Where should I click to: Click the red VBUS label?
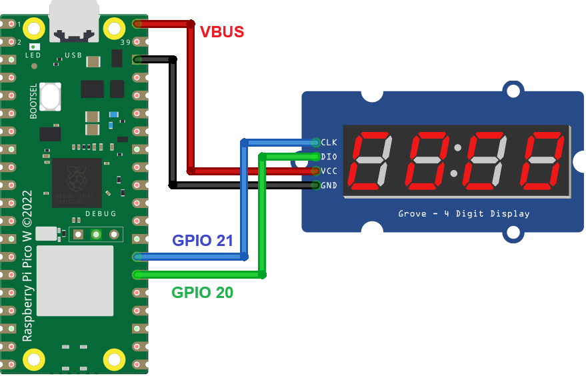tap(222, 31)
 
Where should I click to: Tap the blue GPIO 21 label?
tap(203, 240)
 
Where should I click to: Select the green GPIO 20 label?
tap(203, 292)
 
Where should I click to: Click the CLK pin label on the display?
tap(329, 142)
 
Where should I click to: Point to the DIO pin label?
tap(329, 157)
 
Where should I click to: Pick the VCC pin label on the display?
tap(329, 171)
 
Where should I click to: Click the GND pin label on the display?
tap(329, 185)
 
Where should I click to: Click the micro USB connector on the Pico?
tap(74, 19)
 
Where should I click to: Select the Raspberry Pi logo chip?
tap(77, 182)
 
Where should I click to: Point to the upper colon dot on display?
tap(457, 147)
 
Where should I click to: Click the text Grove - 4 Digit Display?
tap(463, 214)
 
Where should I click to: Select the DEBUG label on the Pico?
tap(101, 214)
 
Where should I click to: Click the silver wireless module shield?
tap(75, 280)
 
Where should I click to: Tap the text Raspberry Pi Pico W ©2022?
tap(28, 273)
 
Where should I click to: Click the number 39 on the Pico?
tap(125, 43)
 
